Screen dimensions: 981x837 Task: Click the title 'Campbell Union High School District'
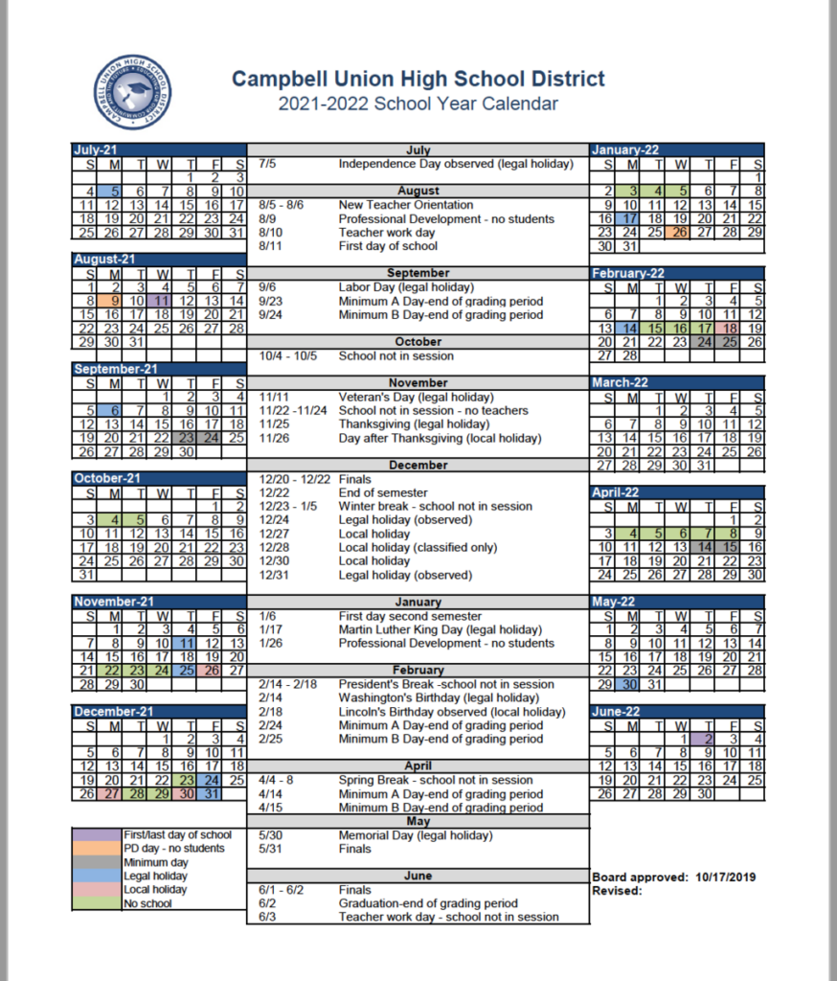(418, 79)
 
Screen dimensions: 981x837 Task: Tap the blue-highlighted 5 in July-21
(114, 192)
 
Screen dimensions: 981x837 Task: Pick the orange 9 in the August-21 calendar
(114, 301)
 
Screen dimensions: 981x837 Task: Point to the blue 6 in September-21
(114, 411)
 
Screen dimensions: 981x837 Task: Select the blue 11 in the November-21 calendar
(187, 644)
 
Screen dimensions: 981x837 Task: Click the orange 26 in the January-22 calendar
(679, 233)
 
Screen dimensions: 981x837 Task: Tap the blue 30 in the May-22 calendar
(629, 685)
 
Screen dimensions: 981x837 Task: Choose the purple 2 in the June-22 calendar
(706, 740)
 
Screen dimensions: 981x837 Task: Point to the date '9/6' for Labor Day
(269, 287)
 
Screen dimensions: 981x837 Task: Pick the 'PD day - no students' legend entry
(173, 849)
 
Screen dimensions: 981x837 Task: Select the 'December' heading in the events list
(418, 466)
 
